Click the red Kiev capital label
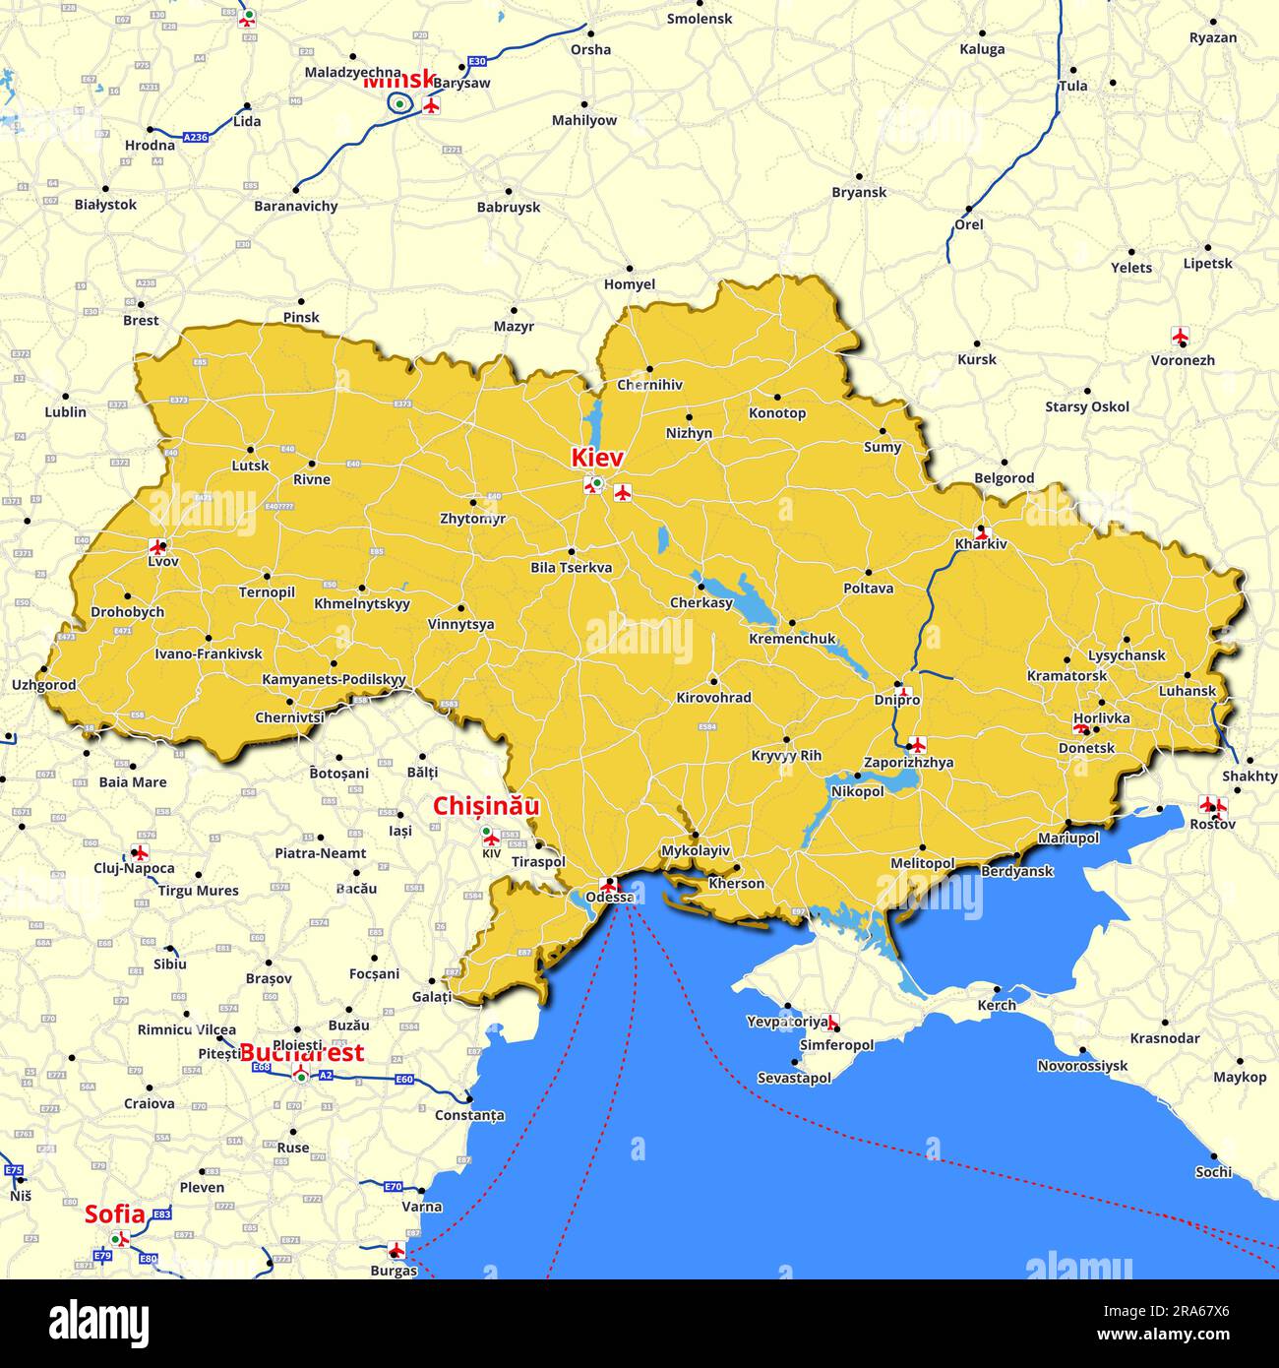click(x=597, y=458)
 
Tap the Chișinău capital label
click(x=486, y=806)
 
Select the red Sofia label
click(x=114, y=1214)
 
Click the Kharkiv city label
click(x=981, y=544)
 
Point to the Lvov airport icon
click(x=156, y=546)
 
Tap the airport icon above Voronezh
click(x=1181, y=336)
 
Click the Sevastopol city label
click(x=794, y=1078)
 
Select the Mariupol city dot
click(x=1067, y=823)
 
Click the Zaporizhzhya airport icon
click(x=917, y=744)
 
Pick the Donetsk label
click(x=1086, y=748)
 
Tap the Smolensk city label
click(x=699, y=19)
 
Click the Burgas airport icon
click(x=396, y=1250)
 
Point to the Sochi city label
click(x=1213, y=1171)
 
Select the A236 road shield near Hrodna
click(x=195, y=138)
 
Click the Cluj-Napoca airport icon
click(x=140, y=852)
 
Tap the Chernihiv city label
click(x=649, y=385)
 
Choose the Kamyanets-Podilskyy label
click(x=334, y=679)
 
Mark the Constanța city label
click(x=469, y=1115)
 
